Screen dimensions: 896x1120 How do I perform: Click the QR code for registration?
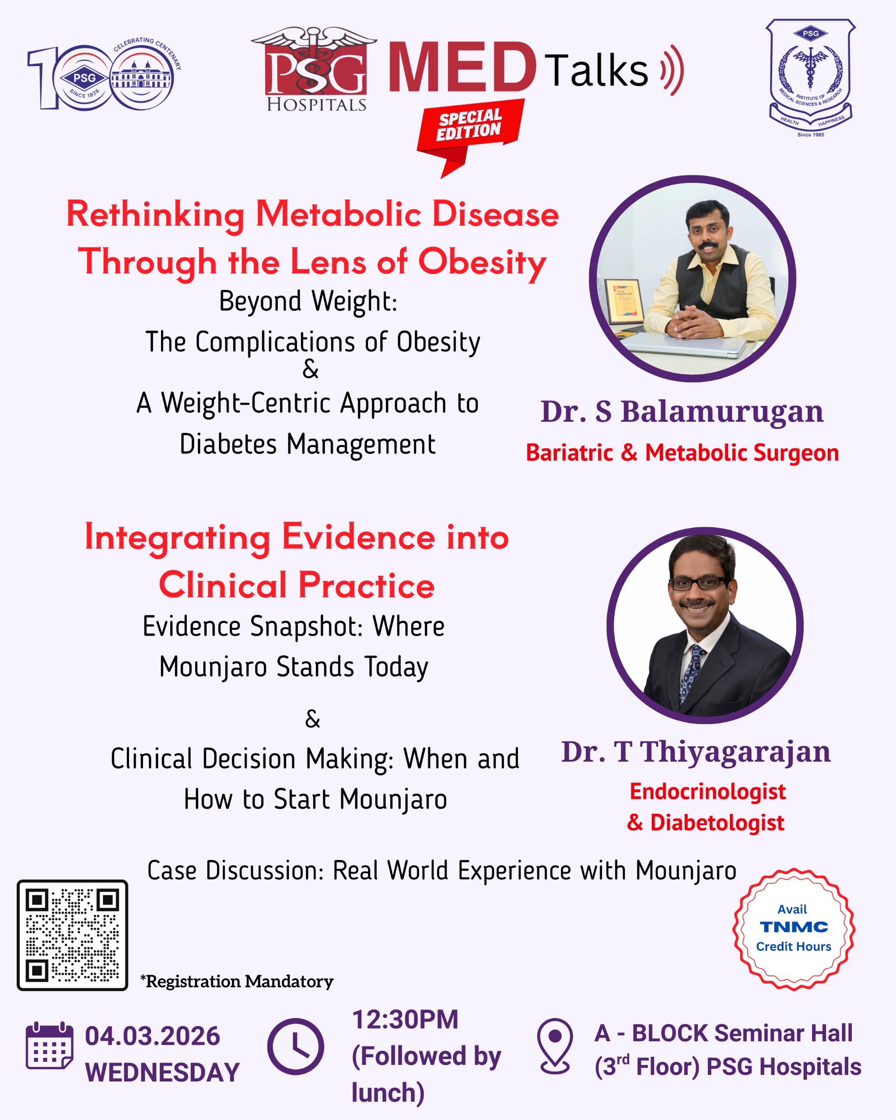click(x=72, y=935)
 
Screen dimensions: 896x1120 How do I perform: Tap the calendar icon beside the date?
click(x=49, y=1045)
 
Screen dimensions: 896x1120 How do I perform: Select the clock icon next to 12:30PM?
click(x=296, y=1046)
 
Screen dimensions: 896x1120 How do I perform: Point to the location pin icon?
click(x=555, y=1046)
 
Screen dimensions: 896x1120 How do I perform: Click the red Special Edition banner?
click(x=470, y=133)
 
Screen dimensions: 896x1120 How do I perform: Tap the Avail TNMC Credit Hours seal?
click(x=794, y=929)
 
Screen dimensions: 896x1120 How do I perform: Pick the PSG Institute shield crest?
click(x=810, y=78)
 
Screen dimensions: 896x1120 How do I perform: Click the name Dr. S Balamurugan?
click(x=682, y=412)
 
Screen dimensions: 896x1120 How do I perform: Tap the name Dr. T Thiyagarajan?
click(x=696, y=752)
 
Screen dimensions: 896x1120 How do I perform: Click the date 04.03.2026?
click(x=153, y=1036)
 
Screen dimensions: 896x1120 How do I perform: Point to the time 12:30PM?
click(x=405, y=1019)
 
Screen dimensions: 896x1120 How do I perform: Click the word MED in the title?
click(x=462, y=67)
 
